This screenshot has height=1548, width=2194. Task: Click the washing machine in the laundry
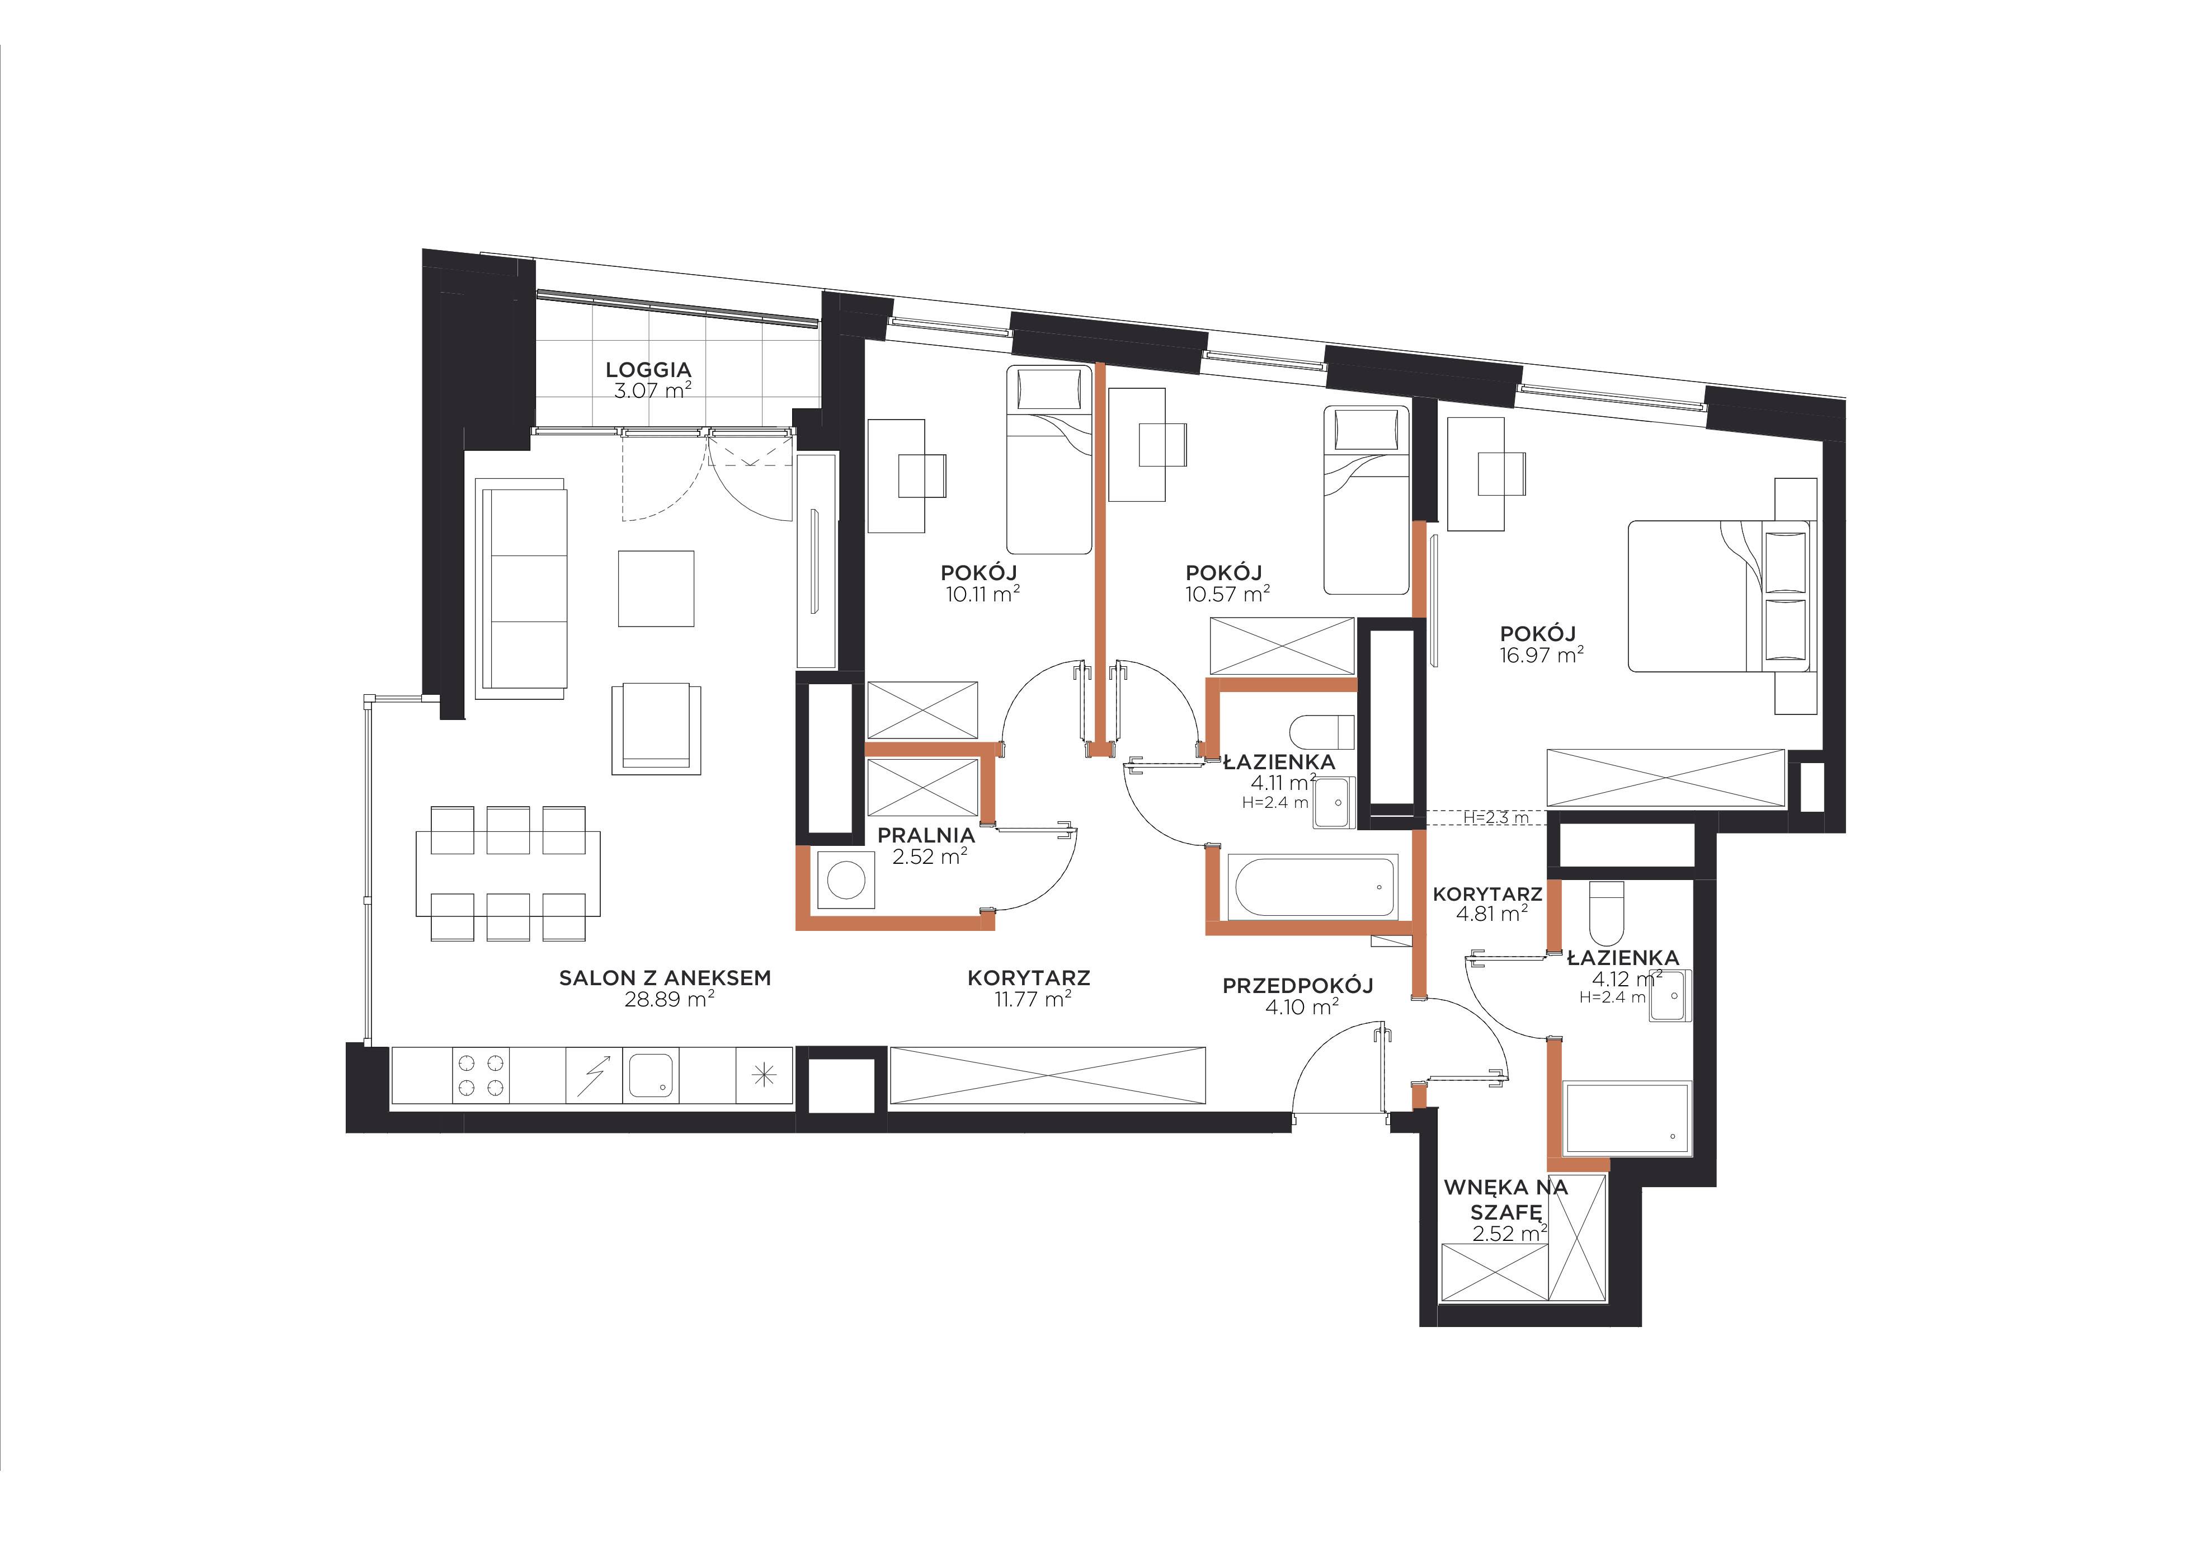click(846, 879)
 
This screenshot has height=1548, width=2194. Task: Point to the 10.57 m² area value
click(1228, 594)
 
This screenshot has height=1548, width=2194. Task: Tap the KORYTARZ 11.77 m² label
click(1029, 988)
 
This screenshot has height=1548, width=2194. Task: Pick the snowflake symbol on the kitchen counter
click(764, 1076)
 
